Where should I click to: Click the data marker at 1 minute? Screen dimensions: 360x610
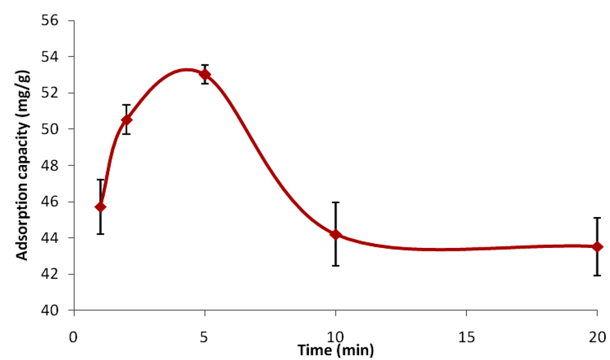click(x=100, y=207)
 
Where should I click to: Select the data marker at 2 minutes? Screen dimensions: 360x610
click(x=126, y=120)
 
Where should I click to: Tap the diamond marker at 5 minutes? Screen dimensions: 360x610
click(x=205, y=75)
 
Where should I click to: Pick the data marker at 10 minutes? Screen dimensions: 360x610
click(x=335, y=234)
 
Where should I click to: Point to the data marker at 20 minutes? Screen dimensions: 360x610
click(x=597, y=247)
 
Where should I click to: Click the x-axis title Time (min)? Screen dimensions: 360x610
click(x=336, y=350)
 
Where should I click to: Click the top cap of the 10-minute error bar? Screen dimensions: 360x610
click(x=335, y=203)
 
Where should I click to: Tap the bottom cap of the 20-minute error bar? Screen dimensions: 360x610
click(x=597, y=275)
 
